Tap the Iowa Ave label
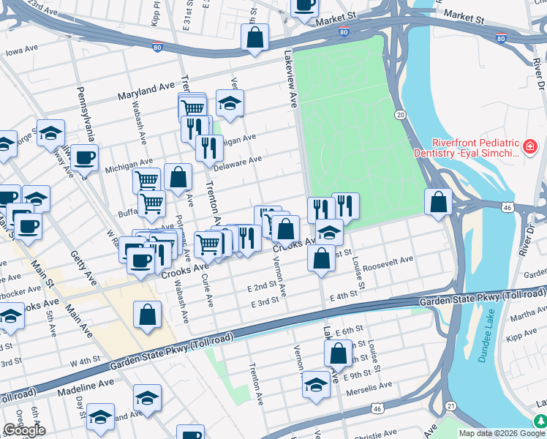pyautogui.click(x=21, y=51)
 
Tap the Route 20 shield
pyautogui.click(x=400, y=115)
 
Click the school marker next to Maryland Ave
pyautogui.click(x=230, y=103)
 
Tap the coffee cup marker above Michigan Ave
pyautogui.click(x=84, y=157)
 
